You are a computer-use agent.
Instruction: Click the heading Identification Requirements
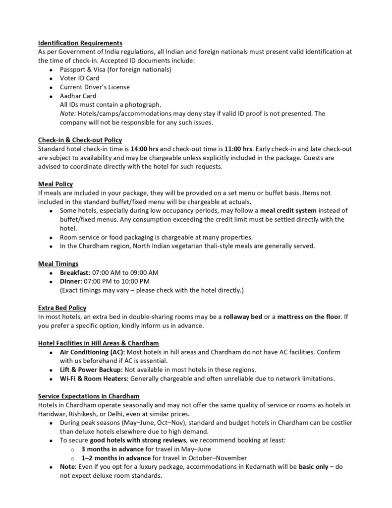point(80,43)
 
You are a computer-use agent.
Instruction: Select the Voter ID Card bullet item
point(79,78)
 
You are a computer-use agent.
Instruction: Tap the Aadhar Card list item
point(78,96)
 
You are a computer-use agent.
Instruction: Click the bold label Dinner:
point(71,281)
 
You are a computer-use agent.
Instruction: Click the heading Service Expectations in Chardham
point(89,396)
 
